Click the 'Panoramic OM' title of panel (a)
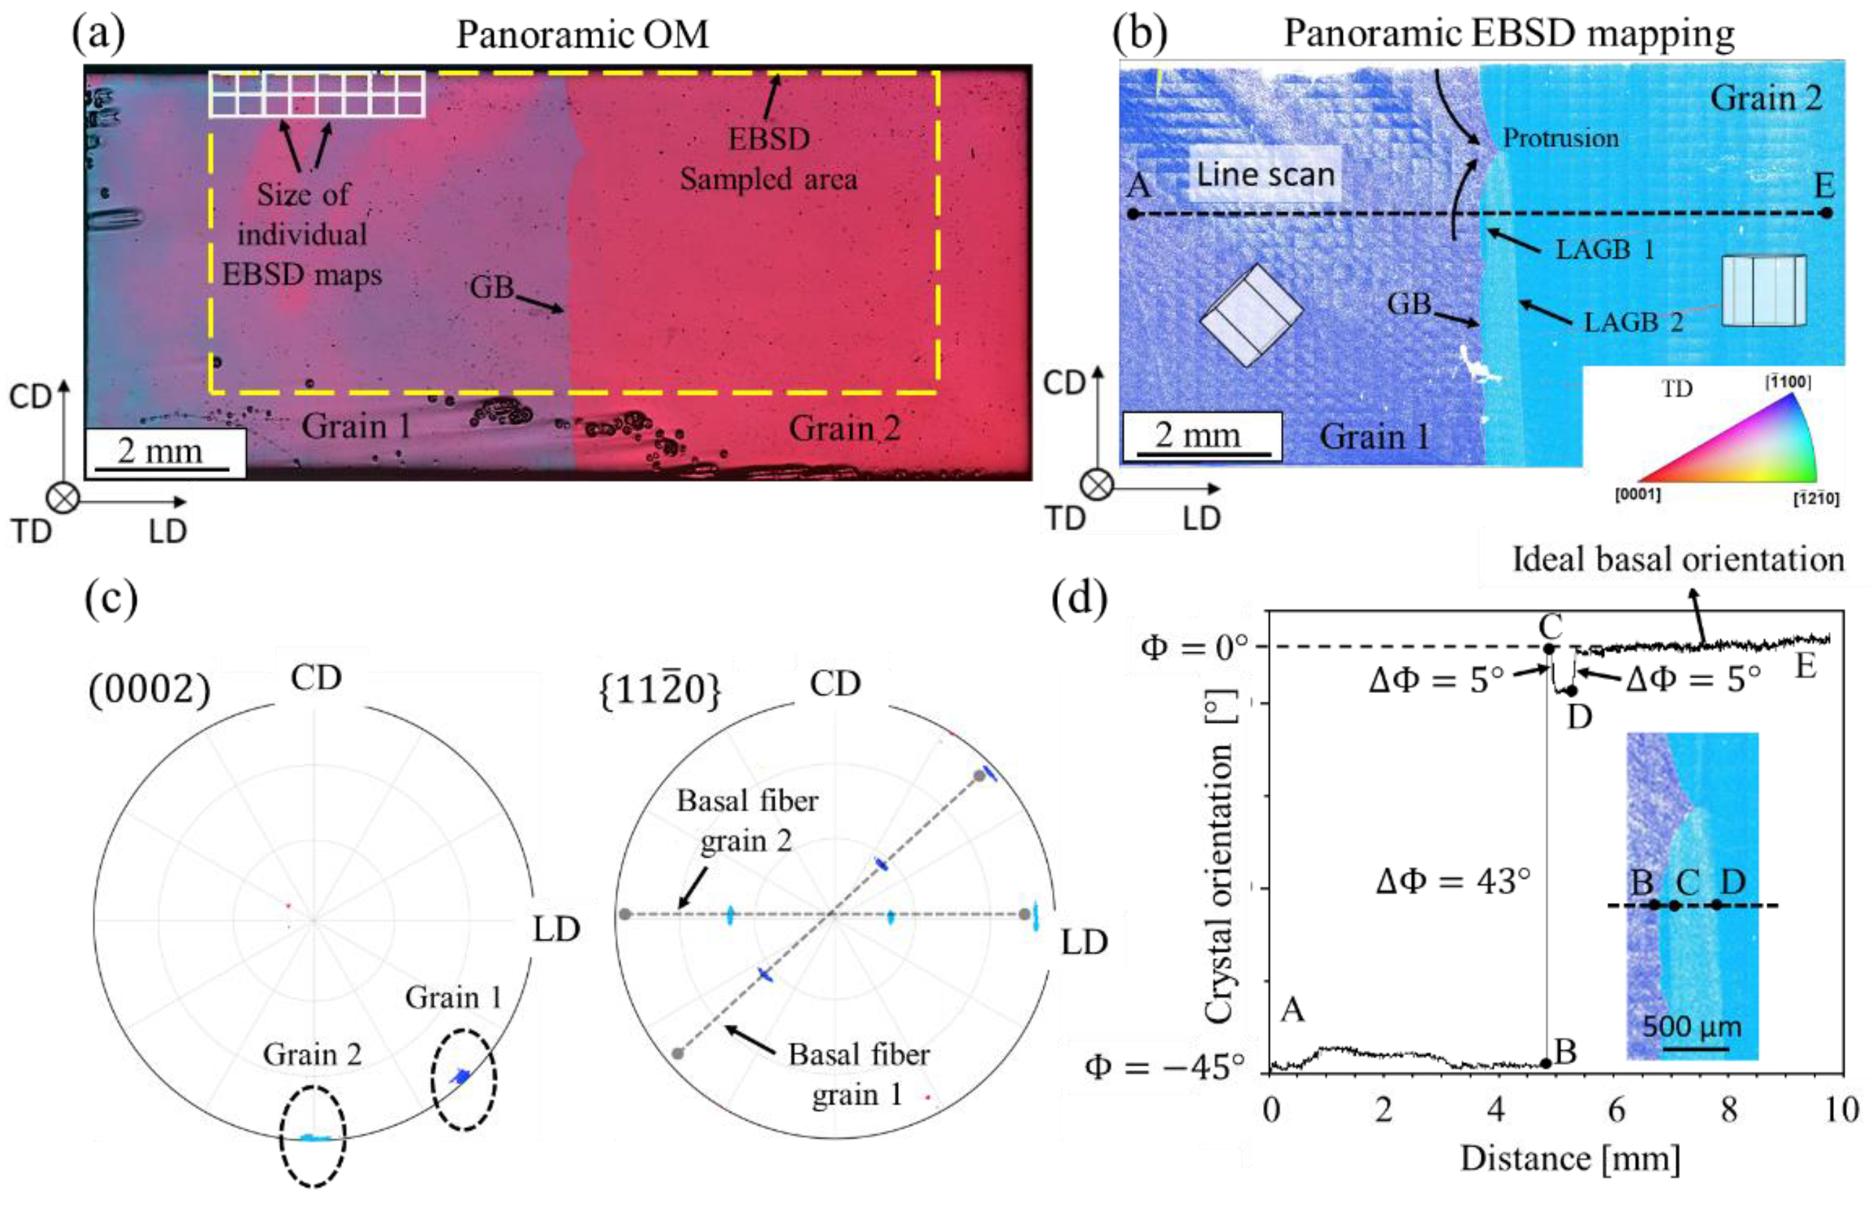pyautogui.click(x=582, y=35)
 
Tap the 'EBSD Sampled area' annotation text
pyautogui.click(x=768, y=159)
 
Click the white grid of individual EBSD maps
pyautogui.click(x=317, y=94)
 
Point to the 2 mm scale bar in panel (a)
pyautogui.click(x=163, y=454)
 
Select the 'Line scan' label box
pyautogui.click(x=1265, y=175)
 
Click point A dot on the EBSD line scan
pyautogui.click(x=1134, y=214)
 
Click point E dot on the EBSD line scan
pyautogui.click(x=1827, y=213)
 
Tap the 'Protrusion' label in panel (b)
pyautogui.click(x=1560, y=139)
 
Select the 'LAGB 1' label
pyautogui.click(x=1604, y=250)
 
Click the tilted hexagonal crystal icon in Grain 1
pyautogui.click(x=1250, y=315)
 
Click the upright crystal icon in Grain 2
pyautogui.click(x=1764, y=290)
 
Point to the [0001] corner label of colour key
pyautogui.click(x=1638, y=495)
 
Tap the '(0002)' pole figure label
pyautogui.click(x=149, y=690)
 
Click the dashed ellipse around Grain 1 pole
pyautogui.click(x=464, y=1080)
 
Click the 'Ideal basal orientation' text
pyautogui.click(x=1678, y=560)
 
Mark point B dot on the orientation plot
pyautogui.click(x=1546, y=1064)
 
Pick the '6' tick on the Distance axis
pyautogui.click(x=1615, y=1109)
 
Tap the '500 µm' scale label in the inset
pyautogui.click(x=1691, y=1026)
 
